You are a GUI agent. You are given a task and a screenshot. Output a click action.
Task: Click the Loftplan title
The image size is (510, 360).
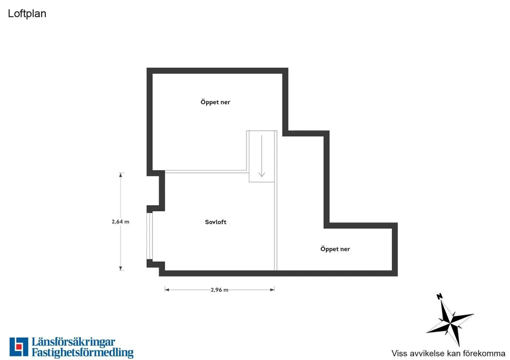point(27,13)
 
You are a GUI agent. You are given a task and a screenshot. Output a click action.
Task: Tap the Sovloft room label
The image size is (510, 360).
point(216,222)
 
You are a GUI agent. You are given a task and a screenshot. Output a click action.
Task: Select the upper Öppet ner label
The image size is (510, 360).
point(215,102)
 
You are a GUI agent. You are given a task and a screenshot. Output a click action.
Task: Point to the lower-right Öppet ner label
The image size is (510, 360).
point(335,249)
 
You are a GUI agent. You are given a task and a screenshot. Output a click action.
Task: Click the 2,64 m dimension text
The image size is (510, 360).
point(121,222)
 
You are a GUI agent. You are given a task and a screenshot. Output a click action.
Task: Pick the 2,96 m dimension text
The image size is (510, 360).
point(220,290)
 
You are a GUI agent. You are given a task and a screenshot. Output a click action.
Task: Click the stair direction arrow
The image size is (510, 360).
point(261,156)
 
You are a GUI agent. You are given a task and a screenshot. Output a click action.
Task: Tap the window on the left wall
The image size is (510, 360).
point(149,236)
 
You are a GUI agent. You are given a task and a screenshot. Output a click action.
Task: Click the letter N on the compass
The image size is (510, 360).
point(439,296)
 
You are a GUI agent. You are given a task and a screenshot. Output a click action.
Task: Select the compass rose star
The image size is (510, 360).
point(450,323)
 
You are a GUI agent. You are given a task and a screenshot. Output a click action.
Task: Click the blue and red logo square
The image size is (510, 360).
point(19,347)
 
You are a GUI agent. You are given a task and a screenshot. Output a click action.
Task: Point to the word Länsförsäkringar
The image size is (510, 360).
point(73,343)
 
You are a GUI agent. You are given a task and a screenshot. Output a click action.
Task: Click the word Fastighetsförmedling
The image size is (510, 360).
point(83,353)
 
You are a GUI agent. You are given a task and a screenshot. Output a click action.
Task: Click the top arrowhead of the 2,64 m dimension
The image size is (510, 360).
point(121,175)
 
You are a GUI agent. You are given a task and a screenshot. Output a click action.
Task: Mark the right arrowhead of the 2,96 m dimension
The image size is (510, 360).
point(272,290)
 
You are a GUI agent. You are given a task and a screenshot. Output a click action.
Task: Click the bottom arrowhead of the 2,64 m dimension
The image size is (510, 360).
point(121,268)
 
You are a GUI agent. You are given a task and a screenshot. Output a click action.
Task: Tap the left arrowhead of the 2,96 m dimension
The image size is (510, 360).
point(167,290)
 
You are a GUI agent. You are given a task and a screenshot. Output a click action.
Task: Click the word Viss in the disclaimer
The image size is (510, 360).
point(399,353)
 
